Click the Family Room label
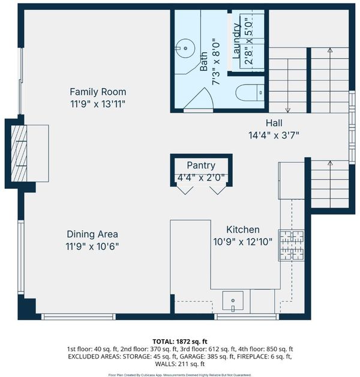(98, 92)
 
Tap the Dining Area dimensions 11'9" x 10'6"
(92, 246)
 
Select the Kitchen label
(243, 230)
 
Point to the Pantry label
(201, 165)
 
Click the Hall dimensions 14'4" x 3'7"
(274, 135)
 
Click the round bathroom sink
(185, 49)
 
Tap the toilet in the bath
(250, 92)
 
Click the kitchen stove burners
(292, 245)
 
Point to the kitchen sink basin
(233, 300)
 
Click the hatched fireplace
(19, 153)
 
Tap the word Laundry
(237, 41)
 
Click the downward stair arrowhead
(287, 110)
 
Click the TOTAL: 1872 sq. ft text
(180, 342)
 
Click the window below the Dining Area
(79, 317)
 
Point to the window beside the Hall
(352, 128)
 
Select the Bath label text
(203, 61)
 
